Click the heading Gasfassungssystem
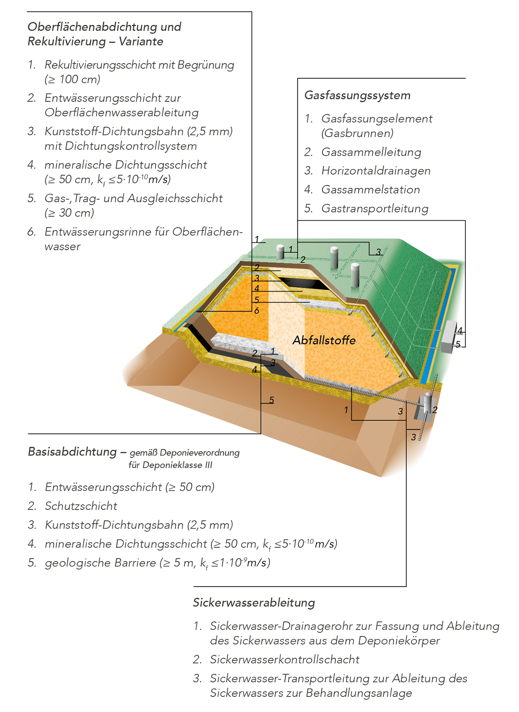(357, 96)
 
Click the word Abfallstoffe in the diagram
(324, 340)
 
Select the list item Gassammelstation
(370, 190)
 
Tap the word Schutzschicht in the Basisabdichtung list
(81, 506)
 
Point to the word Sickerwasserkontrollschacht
(285, 659)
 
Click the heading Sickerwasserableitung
(254, 603)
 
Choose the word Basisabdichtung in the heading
(72, 452)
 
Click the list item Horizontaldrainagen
(376, 171)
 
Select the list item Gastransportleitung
(375, 209)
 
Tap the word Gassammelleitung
(371, 152)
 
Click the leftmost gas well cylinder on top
(280, 252)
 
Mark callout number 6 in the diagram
(256, 311)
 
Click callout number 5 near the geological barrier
(271, 400)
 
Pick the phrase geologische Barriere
(100, 563)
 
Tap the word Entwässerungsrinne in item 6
(97, 232)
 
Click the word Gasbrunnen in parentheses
(357, 133)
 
